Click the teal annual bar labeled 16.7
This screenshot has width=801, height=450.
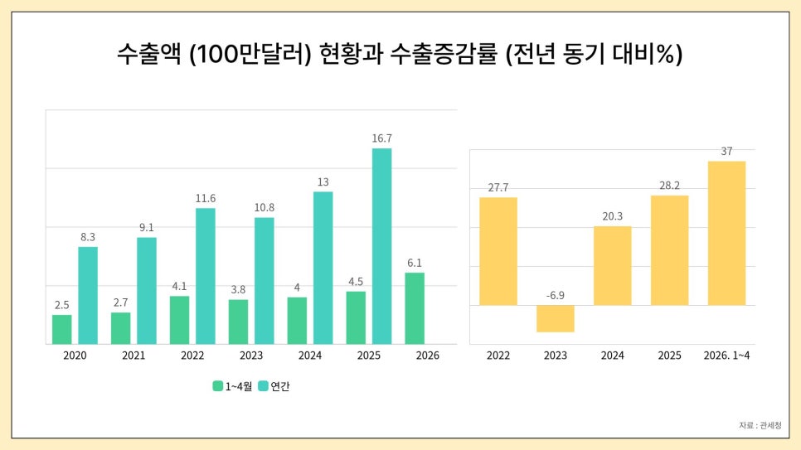pos(381,246)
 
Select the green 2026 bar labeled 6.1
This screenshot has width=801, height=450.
pos(415,308)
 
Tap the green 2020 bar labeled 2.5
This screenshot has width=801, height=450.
pos(62,330)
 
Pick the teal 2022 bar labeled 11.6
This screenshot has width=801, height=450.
pos(206,276)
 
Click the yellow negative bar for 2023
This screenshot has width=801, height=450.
pos(556,319)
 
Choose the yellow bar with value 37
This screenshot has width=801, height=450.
pos(726,234)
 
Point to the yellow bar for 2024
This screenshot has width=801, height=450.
pos(613,265)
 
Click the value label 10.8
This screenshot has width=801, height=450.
pos(265,207)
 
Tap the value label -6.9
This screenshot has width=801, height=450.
pos(556,295)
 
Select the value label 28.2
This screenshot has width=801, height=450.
pos(669,186)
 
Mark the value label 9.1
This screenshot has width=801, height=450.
pos(147,227)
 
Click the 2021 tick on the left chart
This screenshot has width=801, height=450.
pos(133,356)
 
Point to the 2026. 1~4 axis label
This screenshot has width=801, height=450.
pos(726,356)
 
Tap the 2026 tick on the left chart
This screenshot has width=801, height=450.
pos(428,356)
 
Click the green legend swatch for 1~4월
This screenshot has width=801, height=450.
pos(217,386)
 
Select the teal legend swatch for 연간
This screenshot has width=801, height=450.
pos(263,386)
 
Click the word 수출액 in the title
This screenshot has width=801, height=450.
pos(149,54)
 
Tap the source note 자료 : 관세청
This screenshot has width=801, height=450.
pos(760,425)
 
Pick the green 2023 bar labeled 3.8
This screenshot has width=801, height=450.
pos(238,322)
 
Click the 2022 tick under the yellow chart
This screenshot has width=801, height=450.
pos(498,356)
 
